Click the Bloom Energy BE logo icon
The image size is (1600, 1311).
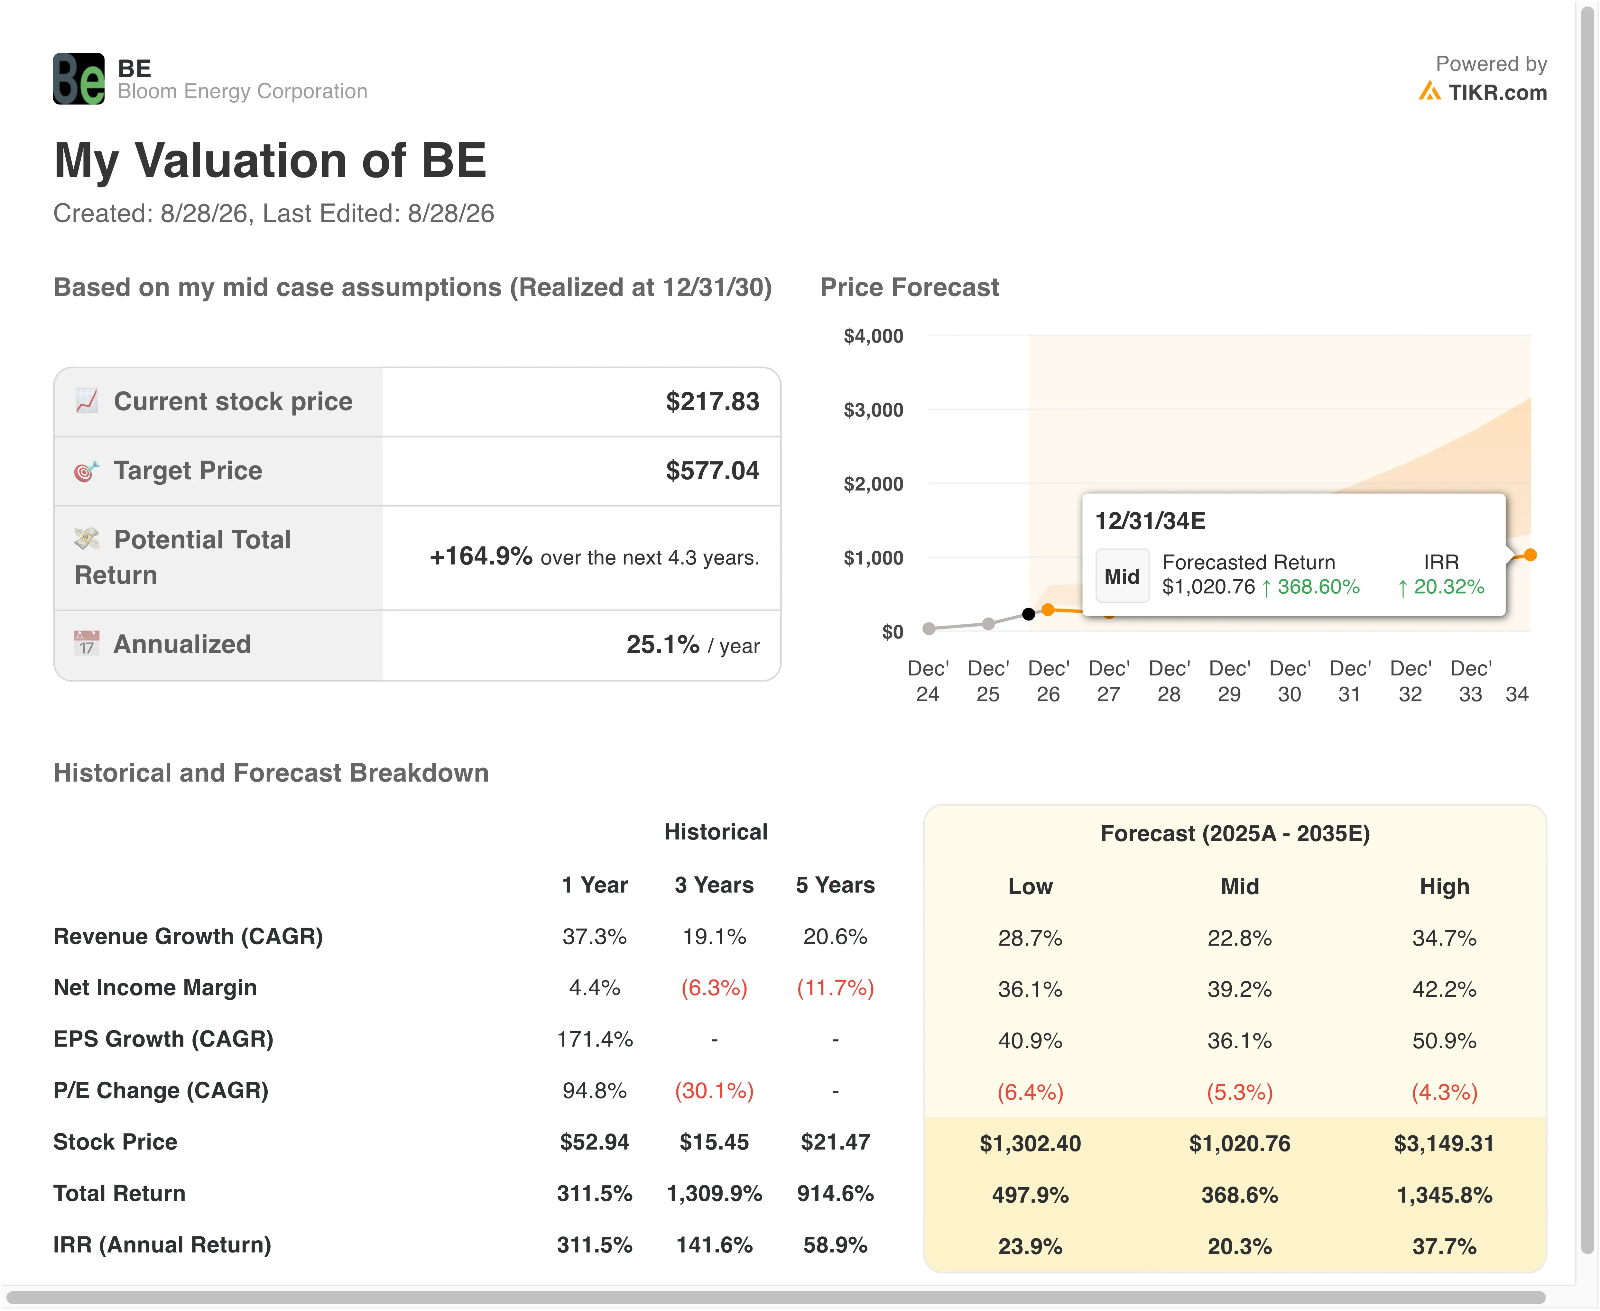click(x=79, y=78)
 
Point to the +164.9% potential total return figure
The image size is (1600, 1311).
click(x=481, y=556)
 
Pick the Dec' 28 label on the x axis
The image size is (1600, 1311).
click(x=1169, y=681)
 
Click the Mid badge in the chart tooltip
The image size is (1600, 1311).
click(x=1122, y=576)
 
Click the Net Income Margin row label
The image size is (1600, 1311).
click(x=155, y=988)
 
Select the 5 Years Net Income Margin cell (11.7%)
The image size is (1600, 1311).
click(x=836, y=988)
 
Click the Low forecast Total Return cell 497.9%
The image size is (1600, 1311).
click(x=1031, y=1195)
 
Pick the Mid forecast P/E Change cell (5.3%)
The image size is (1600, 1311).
click(x=1240, y=1092)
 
